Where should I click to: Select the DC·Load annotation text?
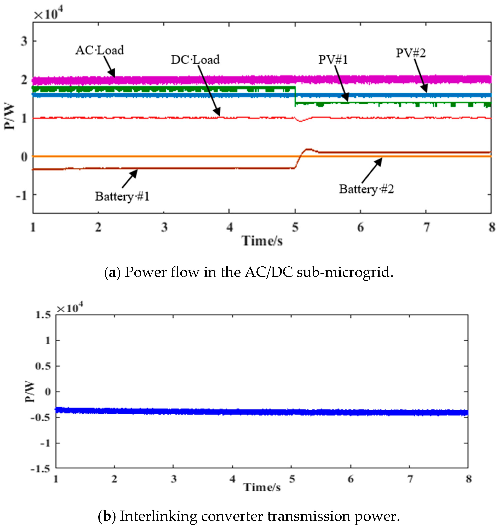195,60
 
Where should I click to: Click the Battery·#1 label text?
122,197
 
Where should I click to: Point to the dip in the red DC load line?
301,121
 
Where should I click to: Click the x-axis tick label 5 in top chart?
295,227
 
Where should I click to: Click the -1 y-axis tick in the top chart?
21,196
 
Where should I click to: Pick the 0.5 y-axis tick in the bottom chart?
43,366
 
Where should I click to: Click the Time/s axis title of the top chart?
262,241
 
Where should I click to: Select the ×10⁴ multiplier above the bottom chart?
70,308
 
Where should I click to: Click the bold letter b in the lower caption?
107,516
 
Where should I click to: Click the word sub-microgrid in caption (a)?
345,272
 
